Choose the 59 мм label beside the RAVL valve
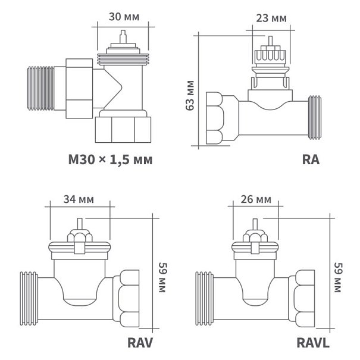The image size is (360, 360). click(x=337, y=277)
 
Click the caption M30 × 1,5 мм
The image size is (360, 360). click(x=110, y=159)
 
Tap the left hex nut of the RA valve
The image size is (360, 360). click(x=221, y=117)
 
